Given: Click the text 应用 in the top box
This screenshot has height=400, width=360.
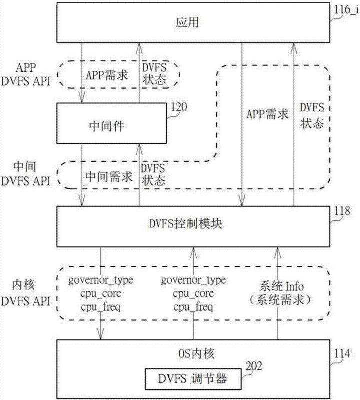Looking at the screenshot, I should point(185,23).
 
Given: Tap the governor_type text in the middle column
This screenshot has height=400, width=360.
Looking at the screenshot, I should point(193,280).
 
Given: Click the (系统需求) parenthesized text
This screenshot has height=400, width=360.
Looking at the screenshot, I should point(282,299).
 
